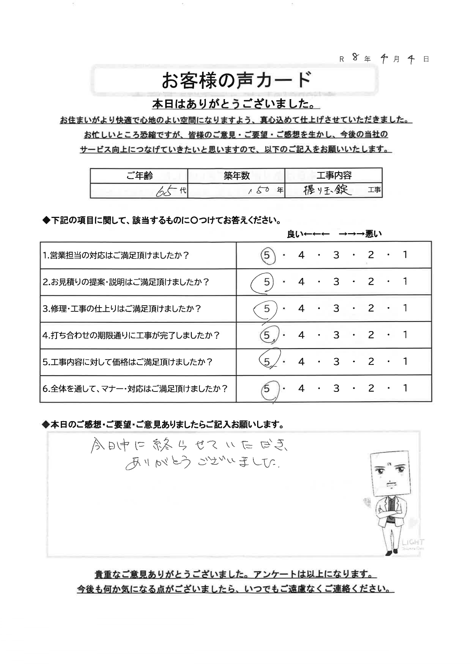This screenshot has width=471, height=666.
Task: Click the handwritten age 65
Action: [167, 191]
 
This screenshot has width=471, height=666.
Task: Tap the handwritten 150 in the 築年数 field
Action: [260, 191]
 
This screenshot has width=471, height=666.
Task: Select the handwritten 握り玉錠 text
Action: [327, 190]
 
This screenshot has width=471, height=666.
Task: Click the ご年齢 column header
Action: [139, 175]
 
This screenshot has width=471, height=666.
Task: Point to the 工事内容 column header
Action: [334, 175]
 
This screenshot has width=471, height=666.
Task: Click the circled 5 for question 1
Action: [267, 255]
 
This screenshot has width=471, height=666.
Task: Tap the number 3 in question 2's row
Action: [336, 282]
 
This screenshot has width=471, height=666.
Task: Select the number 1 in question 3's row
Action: [405, 308]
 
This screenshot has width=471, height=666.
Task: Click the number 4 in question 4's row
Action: [301, 335]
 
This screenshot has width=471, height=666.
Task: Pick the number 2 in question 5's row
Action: [371, 361]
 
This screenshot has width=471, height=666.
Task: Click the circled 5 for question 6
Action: [267, 388]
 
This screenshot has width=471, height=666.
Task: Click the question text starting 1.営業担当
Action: [116, 256]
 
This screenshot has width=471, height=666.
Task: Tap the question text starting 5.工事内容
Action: [127, 362]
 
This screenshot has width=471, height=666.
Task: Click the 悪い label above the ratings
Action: [373, 234]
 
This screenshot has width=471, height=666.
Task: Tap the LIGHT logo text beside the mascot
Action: [413, 542]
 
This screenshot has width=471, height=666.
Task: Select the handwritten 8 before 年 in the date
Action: [356, 57]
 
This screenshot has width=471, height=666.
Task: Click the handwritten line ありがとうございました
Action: [201, 463]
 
